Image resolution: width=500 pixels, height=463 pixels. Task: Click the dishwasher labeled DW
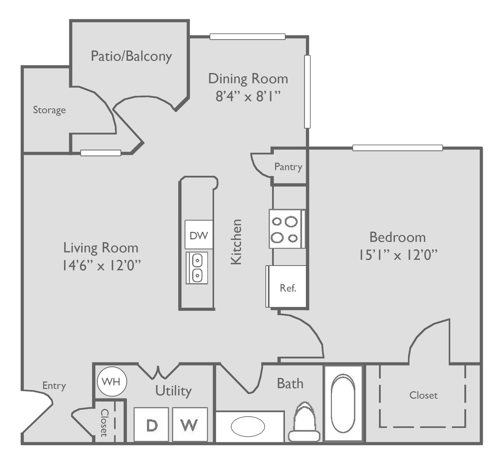(x=199, y=235)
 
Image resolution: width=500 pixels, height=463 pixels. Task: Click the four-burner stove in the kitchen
(x=287, y=229)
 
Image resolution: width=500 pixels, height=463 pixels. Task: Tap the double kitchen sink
(x=197, y=268)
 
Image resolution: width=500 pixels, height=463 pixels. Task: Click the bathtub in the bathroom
(x=343, y=405)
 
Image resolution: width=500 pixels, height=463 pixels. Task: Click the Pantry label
(x=288, y=167)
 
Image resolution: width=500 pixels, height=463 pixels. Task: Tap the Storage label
(x=49, y=110)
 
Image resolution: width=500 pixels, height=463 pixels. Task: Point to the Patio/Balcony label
(x=131, y=56)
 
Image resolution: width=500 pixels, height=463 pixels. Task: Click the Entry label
(x=54, y=386)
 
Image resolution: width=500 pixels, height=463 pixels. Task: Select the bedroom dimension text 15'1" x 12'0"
(x=397, y=255)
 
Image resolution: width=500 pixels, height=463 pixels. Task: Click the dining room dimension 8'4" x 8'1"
(x=248, y=97)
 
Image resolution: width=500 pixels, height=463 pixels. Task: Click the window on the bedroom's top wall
(x=397, y=148)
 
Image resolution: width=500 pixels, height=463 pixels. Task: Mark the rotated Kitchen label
(x=236, y=242)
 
